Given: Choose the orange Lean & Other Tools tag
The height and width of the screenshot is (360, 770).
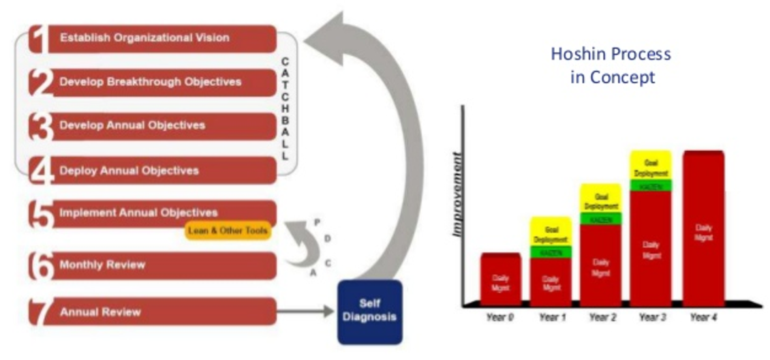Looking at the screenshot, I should [228, 231].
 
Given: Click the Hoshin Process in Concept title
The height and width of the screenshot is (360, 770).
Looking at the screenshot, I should [611, 65].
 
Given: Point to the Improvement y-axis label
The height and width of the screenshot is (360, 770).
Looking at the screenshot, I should [458, 194].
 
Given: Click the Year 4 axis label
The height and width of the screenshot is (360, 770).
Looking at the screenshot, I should [703, 317].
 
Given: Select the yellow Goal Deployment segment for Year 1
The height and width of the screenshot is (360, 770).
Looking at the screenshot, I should [551, 231].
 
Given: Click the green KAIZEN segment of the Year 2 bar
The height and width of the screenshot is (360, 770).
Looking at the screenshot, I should [600, 219].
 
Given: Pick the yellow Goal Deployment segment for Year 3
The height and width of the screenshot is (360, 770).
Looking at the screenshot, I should [651, 164].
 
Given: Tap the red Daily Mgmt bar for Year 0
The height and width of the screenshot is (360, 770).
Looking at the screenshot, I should [500, 280].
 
